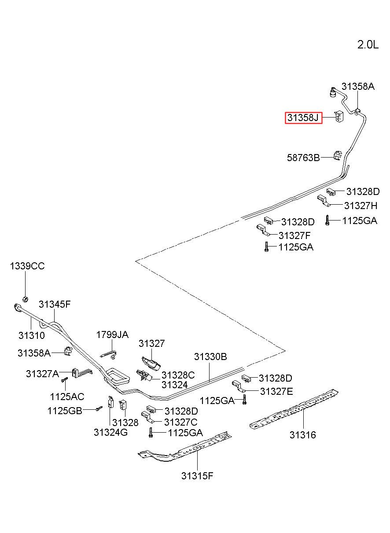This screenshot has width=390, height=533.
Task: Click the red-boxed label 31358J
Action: pyautogui.click(x=303, y=118)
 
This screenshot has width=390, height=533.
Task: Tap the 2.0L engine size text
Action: pyautogui.click(x=368, y=44)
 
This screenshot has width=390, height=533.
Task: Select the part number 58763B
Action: pyautogui.click(x=303, y=158)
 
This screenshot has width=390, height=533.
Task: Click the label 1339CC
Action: pyautogui.click(x=27, y=266)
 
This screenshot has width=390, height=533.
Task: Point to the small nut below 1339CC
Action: pyautogui.click(x=26, y=299)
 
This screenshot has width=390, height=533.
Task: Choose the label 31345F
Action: pyautogui.click(x=55, y=304)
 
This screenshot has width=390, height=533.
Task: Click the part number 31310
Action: pyautogui.click(x=32, y=335)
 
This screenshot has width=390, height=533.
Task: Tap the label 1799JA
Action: pyautogui.click(x=112, y=335)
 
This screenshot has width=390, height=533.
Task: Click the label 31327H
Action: pyautogui.click(x=361, y=206)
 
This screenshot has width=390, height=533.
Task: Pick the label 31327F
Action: pyautogui.click(x=294, y=235)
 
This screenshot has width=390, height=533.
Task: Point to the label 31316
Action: pyautogui.click(x=303, y=435)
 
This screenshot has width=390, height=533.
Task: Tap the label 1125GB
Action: pyautogui.click(x=65, y=411)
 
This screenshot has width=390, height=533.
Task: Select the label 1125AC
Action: pyautogui.click(x=67, y=397)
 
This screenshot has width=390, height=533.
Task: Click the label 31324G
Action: pyautogui.click(x=110, y=432)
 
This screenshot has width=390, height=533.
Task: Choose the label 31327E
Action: pyautogui.click(x=276, y=391)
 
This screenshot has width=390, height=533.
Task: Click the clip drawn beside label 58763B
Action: pyautogui.click(x=338, y=155)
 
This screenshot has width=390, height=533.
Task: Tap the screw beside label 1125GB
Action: pyautogui.click(x=99, y=408)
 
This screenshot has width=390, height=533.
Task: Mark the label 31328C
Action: pyautogui.click(x=178, y=375)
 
